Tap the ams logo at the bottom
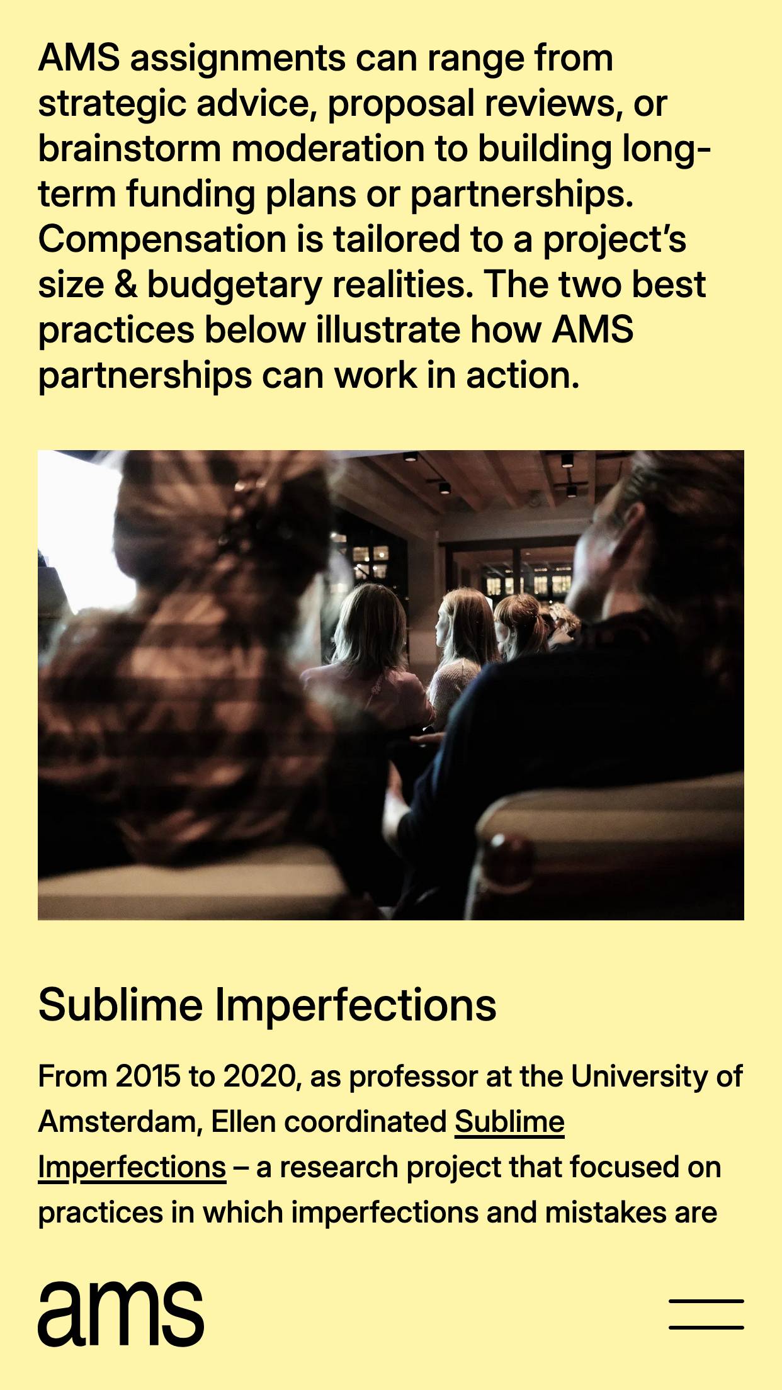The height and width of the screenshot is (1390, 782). pyautogui.click(x=121, y=1314)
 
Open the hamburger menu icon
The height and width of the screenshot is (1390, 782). pyautogui.click(x=706, y=1314)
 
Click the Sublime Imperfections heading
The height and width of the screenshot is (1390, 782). pyautogui.click(x=267, y=1005)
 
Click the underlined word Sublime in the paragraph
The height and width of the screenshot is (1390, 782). pyautogui.click(x=509, y=1122)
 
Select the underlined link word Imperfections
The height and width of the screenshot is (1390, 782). pyautogui.click(x=132, y=1167)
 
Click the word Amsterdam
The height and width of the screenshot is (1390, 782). pyautogui.click(x=120, y=1122)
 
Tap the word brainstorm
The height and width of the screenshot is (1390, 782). pyautogui.click(x=130, y=149)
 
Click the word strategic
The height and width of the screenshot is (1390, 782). pyautogui.click(x=112, y=105)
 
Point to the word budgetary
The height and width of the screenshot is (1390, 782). pyautogui.click(x=234, y=286)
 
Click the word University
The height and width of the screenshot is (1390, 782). pyautogui.click(x=639, y=1077)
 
